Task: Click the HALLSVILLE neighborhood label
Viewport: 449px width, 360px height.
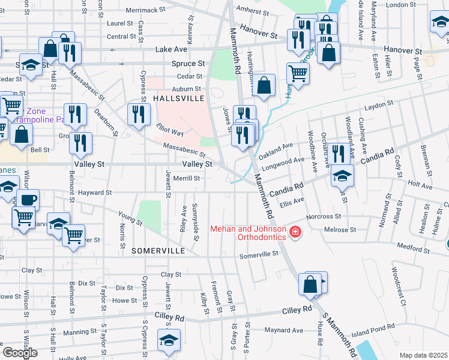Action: (x=178, y=98)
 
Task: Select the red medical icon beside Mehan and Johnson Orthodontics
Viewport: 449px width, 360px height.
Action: (x=295, y=232)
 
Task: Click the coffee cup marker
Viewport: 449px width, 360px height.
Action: (x=28, y=199)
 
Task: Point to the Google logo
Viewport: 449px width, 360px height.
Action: (x=20, y=353)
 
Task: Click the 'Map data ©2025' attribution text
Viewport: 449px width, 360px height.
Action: (x=423, y=355)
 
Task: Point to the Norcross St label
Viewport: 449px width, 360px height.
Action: (x=324, y=216)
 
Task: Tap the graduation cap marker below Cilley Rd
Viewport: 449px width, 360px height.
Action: (x=169, y=340)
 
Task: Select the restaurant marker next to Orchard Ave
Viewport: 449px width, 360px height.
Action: (x=338, y=154)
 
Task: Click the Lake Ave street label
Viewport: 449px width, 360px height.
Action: (x=172, y=49)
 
